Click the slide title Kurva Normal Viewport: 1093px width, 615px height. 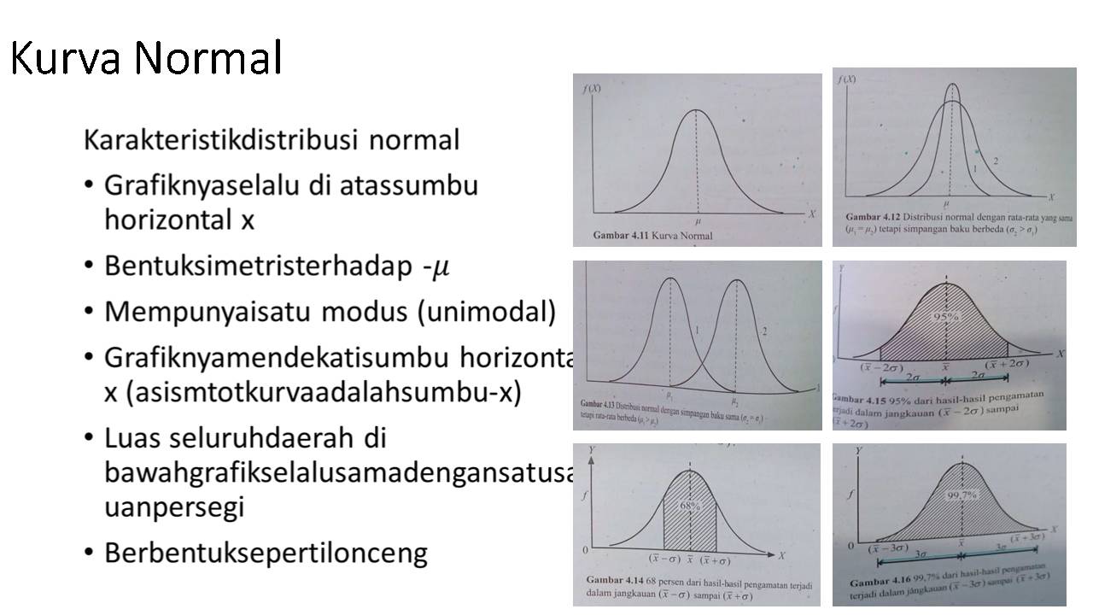(146, 58)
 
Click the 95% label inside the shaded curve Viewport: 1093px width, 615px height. (946, 317)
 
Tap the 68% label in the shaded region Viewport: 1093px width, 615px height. (690, 506)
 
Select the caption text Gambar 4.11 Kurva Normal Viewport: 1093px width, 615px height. (652, 236)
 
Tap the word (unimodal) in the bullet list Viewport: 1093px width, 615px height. (486, 312)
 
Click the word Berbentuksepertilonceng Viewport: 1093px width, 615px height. (266, 553)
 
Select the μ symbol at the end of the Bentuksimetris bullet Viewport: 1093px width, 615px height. (441, 266)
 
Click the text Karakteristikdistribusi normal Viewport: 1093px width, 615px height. (272, 139)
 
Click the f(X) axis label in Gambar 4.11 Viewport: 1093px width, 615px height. (590, 88)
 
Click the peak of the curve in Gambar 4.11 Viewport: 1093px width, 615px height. (697, 110)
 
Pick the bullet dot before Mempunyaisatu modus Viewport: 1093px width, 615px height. (90, 312)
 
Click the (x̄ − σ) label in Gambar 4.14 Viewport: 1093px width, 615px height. (663, 560)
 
